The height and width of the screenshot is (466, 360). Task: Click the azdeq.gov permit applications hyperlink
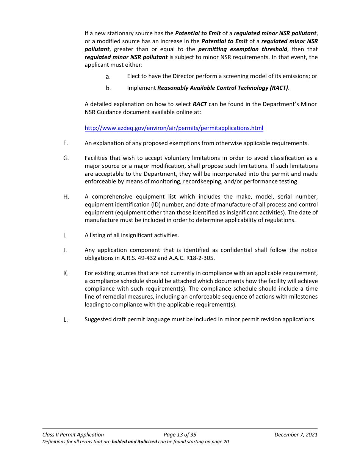(x=174, y=128)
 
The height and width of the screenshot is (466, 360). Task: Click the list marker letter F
(x=66, y=143)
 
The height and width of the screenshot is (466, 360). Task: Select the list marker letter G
(x=66, y=158)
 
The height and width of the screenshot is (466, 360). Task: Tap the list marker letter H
(x=66, y=197)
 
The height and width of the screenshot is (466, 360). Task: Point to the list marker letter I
(x=65, y=235)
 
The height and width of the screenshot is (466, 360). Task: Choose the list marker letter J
(x=66, y=250)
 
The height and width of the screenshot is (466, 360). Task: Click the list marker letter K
(x=66, y=273)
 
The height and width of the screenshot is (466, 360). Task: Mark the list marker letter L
(x=66, y=319)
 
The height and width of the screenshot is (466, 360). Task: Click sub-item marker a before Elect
(x=108, y=77)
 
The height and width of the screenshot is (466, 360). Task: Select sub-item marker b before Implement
(x=108, y=88)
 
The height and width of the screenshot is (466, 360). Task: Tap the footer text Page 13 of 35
(x=180, y=435)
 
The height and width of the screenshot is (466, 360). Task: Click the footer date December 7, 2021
(x=296, y=435)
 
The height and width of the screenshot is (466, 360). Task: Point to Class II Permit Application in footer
(x=73, y=435)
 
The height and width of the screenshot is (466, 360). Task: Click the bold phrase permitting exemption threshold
(x=243, y=49)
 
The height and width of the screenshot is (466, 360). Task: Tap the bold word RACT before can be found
(x=200, y=104)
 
